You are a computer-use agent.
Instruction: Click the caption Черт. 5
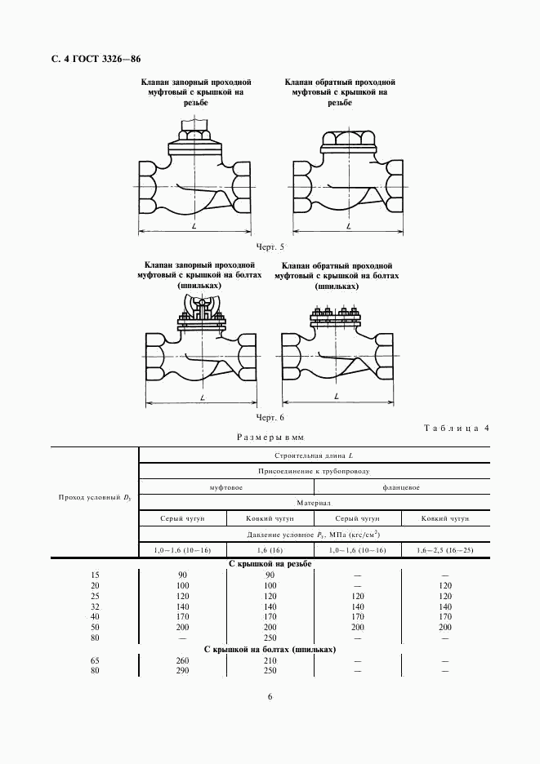coord(270,247)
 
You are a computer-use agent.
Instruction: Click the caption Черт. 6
coord(270,417)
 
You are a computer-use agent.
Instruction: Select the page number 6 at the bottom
coord(270,696)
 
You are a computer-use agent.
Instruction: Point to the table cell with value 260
coord(183,660)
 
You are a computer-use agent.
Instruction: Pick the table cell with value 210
coord(270,660)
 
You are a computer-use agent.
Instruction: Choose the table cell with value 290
coord(183,671)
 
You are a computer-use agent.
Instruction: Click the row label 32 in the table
coord(96,607)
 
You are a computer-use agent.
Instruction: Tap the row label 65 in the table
coord(96,660)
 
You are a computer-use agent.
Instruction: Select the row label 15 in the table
coord(96,575)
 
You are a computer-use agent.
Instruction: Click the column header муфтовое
coord(226,487)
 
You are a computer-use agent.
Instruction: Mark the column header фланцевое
coord(401,487)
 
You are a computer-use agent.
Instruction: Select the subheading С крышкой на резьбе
coord(270,564)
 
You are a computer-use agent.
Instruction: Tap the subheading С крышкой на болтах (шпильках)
coord(270,649)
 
